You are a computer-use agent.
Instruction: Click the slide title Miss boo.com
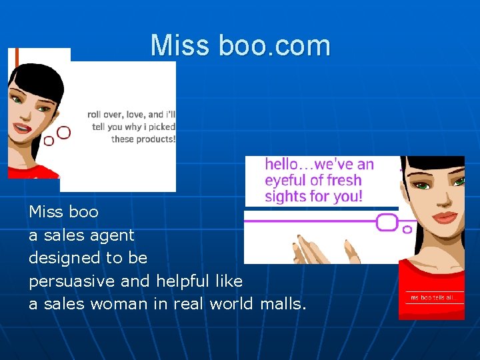(x=240, y=45)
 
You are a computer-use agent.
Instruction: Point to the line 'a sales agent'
(x=81, y=235)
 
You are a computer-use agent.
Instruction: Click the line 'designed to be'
(x=88, y=257)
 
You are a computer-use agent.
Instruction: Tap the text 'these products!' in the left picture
(x=143, y=139)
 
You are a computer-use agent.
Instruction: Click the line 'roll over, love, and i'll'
(x=131, y=114)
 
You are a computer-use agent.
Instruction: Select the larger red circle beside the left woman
(x=64, y=132)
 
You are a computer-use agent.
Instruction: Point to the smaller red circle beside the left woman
(x=49, y=141)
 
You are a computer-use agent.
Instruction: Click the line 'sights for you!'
(x=313, y=196)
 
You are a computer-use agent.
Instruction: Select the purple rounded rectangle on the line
(x=387, y=222)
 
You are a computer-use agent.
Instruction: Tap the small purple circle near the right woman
(x=407, y=229)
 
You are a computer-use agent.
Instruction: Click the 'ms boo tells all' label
(x=431, y=297)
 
